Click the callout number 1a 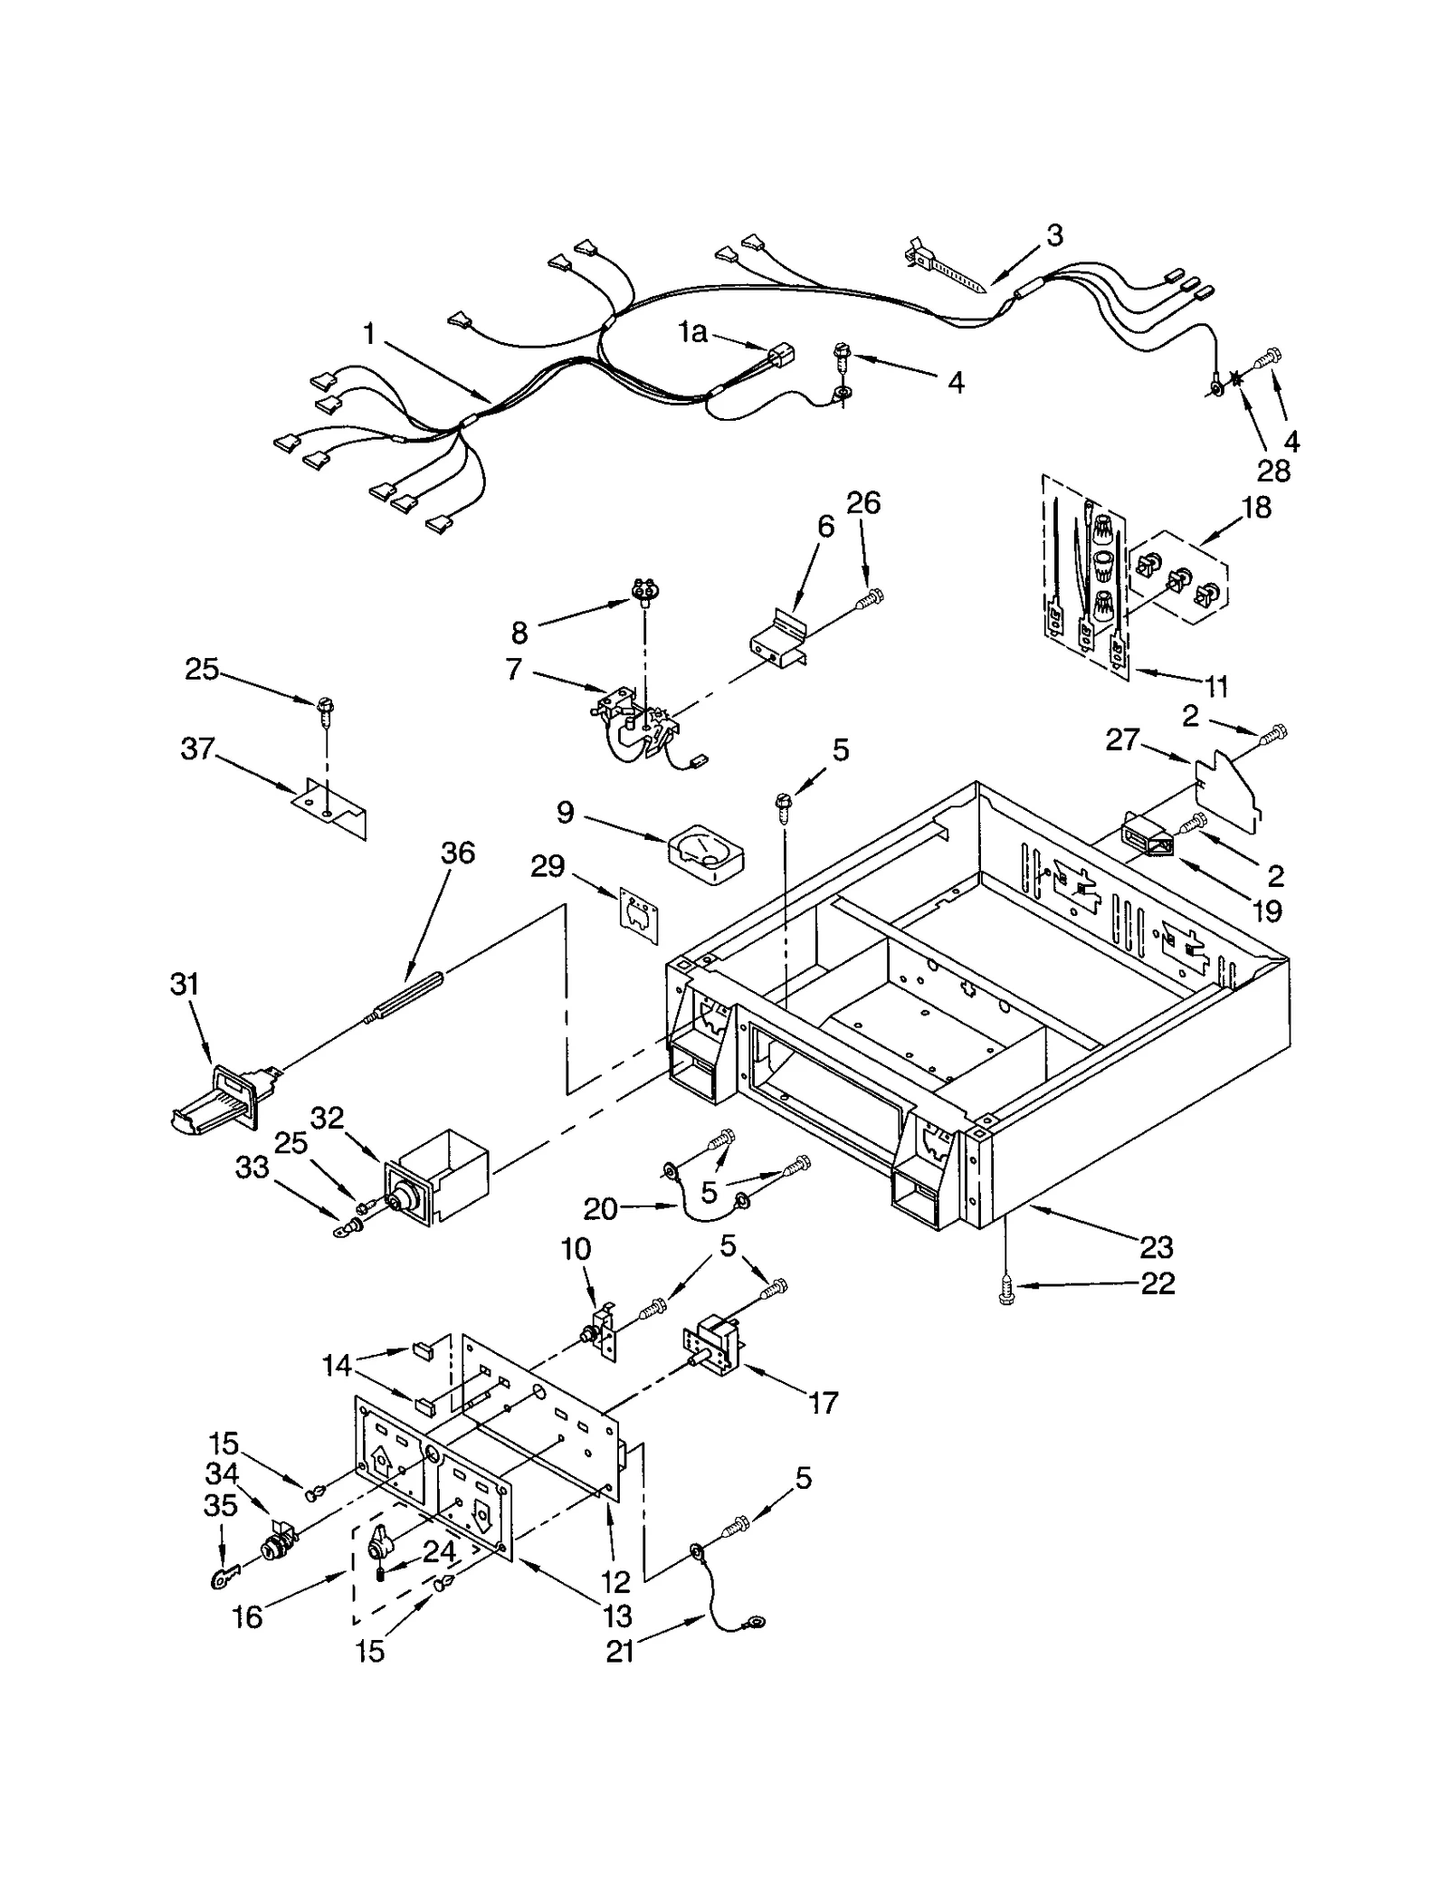[x=692, y=333]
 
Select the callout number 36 [x=458, y=853]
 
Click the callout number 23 [x=1156, y=1247]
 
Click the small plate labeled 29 [x=639, y=920]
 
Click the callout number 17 [x=823, y=1403]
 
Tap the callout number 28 [x=1273, y=471]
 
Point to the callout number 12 [x=614, y=1581]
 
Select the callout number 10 [x=576, y=1249]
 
